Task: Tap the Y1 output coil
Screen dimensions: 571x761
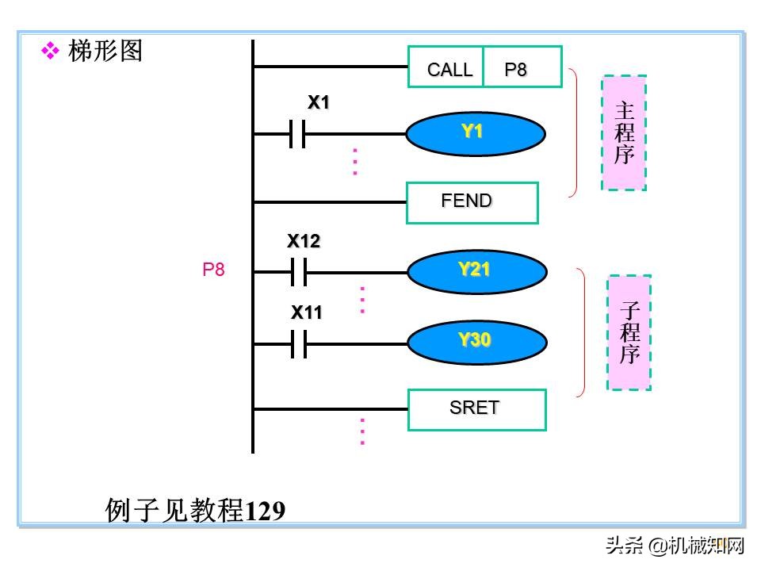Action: [476, 133]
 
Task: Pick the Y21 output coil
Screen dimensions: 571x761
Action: [476, 271]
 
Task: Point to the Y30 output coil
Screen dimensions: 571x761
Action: [476, 342]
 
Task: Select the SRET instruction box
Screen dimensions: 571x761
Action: [476, 409]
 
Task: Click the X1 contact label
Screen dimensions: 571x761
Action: [319, 103]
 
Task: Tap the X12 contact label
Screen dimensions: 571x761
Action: [304, 242]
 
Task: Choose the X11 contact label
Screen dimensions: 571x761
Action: [306, 313]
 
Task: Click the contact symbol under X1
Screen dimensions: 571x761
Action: [297, 134]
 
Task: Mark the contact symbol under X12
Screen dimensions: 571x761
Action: [298, 272]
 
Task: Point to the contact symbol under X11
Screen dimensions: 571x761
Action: [298, 344]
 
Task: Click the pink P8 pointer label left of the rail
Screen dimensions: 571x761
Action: [213, 270]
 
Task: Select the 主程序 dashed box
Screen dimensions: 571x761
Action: [624, 132]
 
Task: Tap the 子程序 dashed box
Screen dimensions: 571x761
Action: [629, 332]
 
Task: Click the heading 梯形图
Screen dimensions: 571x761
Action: [106, 52]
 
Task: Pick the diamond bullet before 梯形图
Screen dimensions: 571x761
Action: [51, 52]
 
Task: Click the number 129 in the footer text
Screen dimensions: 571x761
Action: [266, 512]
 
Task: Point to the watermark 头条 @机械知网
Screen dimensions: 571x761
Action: [675, 546]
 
